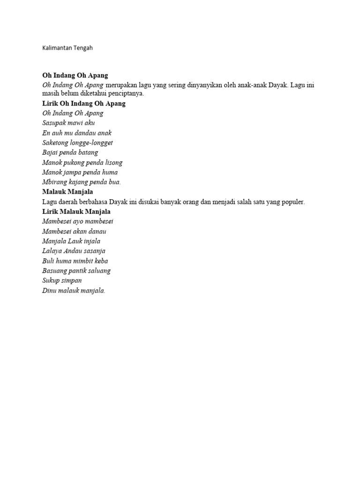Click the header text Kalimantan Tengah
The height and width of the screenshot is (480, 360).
click(x=70, y=48)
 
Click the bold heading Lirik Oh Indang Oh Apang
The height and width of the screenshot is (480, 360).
click(x=84, y=104)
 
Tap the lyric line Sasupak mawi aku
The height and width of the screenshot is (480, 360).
click(x=68, y=123)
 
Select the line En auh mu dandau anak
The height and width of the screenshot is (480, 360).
click(x=77, y=133)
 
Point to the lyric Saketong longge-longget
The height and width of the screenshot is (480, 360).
click(x=77, y=143)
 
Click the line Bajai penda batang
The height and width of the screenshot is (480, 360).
click(x=70, y=153)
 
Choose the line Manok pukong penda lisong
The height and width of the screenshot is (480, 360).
click(x=82, y=163)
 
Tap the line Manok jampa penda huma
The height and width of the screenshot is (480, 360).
click(x=80, y=172)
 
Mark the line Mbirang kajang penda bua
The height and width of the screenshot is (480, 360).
click(x=81, y=182)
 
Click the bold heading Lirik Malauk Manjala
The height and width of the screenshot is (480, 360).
click(x=76, y=212)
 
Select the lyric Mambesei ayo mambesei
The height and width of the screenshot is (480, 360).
click(x=78, y=222)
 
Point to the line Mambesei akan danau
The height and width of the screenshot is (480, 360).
click(x=74, y=232)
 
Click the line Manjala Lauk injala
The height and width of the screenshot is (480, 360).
click(x=71, y=241)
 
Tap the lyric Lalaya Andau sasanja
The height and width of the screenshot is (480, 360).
click(x=74, y=251)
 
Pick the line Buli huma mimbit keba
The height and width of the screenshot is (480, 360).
click(x=75, y=261)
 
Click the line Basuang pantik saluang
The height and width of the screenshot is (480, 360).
click(x=76, y=271)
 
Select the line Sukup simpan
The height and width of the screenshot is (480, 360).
click(x=62, y=281)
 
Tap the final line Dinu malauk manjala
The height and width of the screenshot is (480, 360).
click(x=74, y=291)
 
